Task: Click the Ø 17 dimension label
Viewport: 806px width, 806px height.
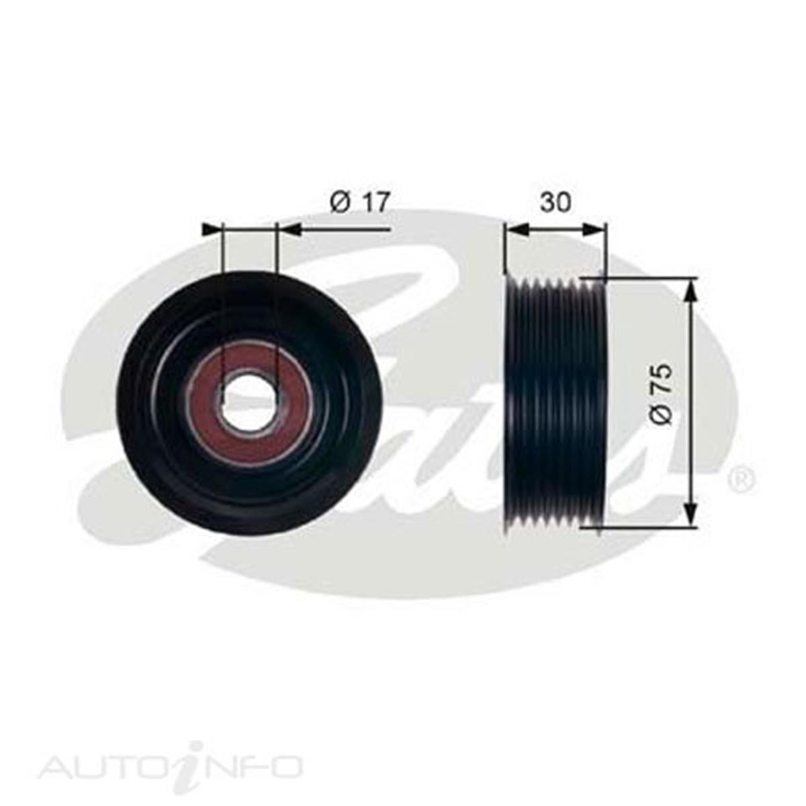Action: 359,202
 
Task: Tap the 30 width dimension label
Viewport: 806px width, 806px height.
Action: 555,201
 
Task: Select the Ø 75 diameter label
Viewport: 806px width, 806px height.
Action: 662,394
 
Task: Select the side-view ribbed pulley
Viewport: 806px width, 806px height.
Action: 555,403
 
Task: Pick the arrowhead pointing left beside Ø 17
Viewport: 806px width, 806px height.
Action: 289,230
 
